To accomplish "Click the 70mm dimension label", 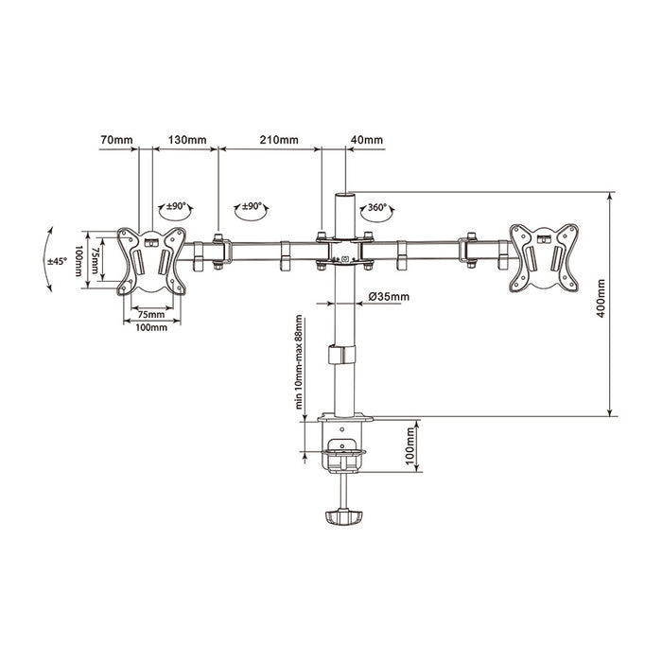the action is (x=116, y=140).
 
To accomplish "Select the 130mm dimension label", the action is (x=187, y=140).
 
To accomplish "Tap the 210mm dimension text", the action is (x=279, y=140).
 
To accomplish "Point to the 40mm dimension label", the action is (x=367, y=140).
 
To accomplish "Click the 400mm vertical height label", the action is (x=601, y=298).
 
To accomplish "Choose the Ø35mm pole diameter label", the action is (x=389, y=297).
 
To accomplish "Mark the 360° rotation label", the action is (x=377, y=207).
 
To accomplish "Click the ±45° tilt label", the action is (x=57, y=261).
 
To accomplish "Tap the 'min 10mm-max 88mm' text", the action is (x=300, y=362).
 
